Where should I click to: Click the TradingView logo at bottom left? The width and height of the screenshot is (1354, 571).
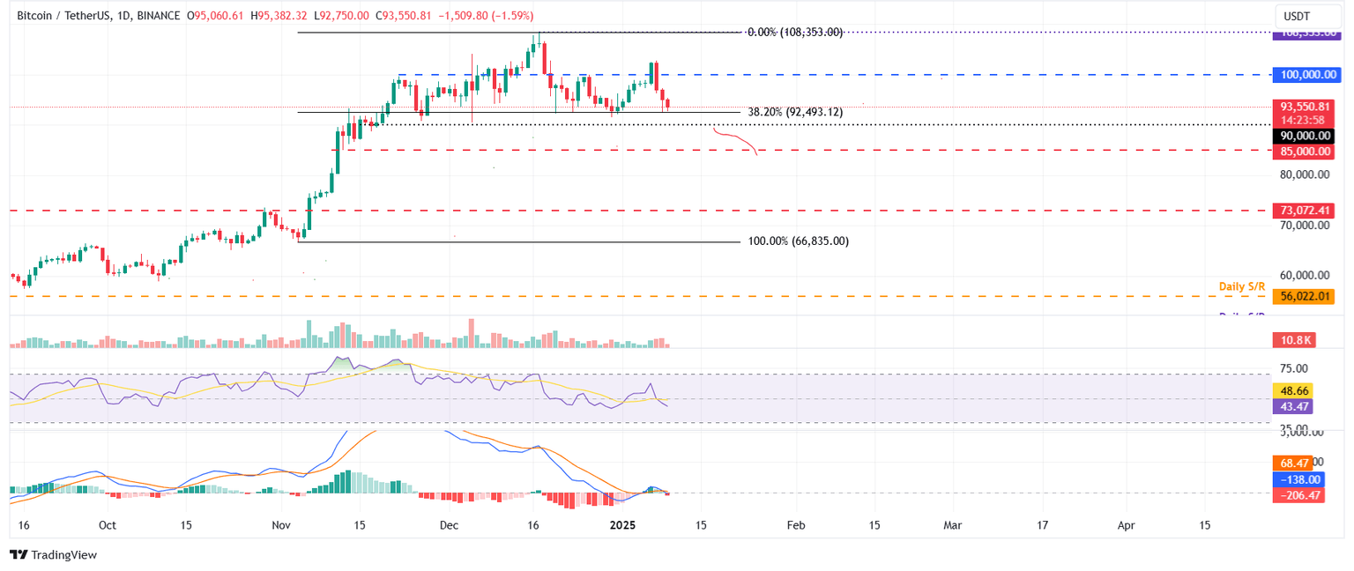point(53,555)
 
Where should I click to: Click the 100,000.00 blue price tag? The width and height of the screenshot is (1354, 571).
point(1303,75)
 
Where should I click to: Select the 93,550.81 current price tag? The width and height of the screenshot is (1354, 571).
point(1303,107)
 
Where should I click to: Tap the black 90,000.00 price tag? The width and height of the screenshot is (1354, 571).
point(1303,136)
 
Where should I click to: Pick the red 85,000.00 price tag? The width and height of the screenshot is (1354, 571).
point(1303,152)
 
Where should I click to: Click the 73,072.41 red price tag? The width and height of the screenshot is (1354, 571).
point(1303,211)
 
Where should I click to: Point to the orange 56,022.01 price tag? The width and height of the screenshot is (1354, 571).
point(1303,297)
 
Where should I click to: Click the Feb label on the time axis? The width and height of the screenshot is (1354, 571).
point(795,525)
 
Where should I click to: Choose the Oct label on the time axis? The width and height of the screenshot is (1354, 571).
point(108,525)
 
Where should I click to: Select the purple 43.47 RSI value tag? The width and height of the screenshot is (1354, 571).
point(1293,406)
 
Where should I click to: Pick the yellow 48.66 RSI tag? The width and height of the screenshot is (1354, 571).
point(1293,389)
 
